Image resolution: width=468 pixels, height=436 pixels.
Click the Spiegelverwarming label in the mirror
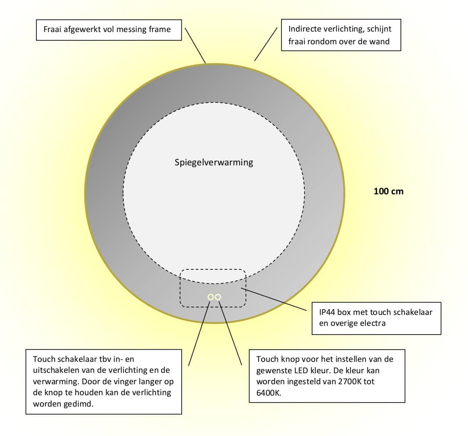[214, 163]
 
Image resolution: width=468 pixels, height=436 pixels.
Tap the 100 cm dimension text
[388, 191]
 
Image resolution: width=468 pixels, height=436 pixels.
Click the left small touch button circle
[211, 297]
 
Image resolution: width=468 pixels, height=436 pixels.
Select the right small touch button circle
[218, 297]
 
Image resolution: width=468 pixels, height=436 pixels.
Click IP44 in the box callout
[327, 312]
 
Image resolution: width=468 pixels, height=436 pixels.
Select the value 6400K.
[268, 393]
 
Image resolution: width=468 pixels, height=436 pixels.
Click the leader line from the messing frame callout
[195, 46]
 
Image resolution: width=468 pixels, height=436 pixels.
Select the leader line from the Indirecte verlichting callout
[266, 44]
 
